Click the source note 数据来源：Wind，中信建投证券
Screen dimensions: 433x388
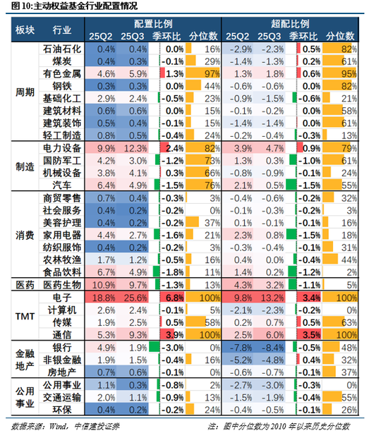(50, 425)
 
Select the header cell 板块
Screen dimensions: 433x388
(24, 30)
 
